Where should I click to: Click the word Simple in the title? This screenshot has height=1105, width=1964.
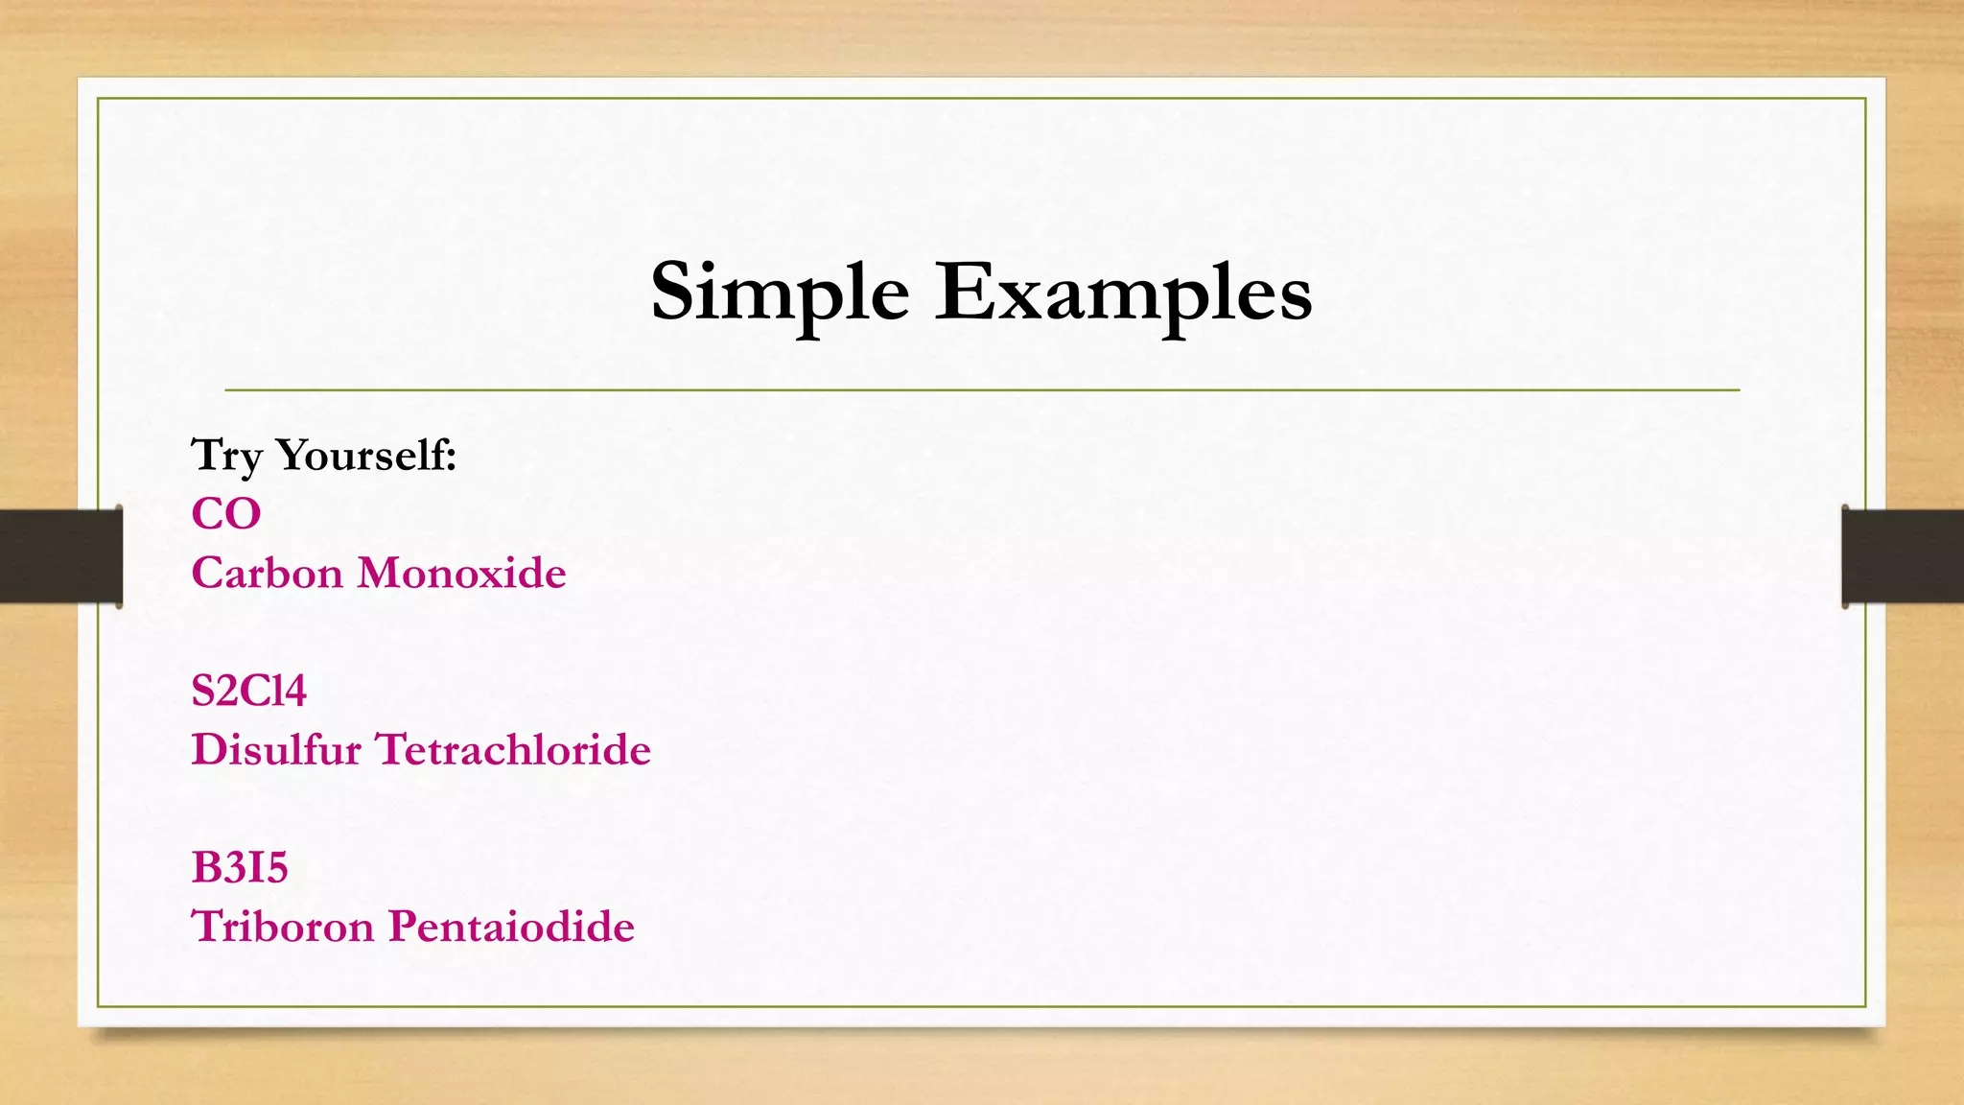[x=780, y=292]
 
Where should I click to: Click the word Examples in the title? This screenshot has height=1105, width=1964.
[x=1123, y=292]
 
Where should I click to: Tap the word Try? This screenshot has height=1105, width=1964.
[x=226, y=455]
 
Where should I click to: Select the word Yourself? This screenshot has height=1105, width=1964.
[x=366, y=455]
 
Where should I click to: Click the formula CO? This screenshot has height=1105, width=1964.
[x=226, y=514]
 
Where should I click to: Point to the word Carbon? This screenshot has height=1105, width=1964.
[x=267, y=573]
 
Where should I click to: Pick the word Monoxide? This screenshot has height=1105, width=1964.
[x=461, y=573]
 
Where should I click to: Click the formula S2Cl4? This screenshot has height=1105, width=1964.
[x=248, y=691]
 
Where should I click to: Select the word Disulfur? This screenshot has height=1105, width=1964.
[x=276, y=749]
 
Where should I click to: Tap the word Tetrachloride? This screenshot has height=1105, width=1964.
[x=514, y=749]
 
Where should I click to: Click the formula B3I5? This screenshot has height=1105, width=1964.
[x=240, y=867]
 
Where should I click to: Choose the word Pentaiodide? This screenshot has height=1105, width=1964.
[x=511, y=927]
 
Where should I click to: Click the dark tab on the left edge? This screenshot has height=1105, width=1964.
[x=60, y=556]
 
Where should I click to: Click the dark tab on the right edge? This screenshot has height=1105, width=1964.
[x=1903, y=556]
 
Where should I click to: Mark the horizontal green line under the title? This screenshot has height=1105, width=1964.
[x=982, y=390]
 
